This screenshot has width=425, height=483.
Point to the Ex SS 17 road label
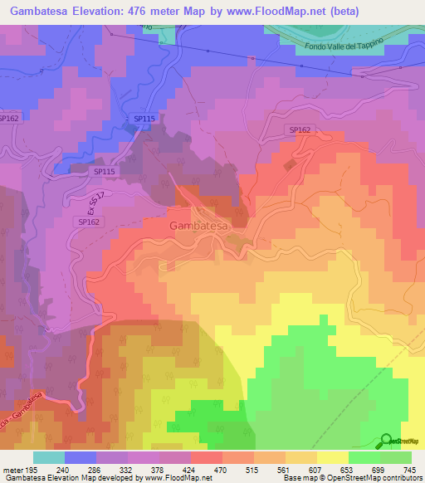tap(75, 202)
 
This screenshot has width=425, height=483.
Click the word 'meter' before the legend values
tap(12, 469)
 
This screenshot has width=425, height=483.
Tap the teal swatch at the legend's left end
tap(49, 457)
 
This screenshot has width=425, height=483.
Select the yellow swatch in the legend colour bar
tap(333, 457)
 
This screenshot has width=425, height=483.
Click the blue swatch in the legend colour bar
tap(81, 457)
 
